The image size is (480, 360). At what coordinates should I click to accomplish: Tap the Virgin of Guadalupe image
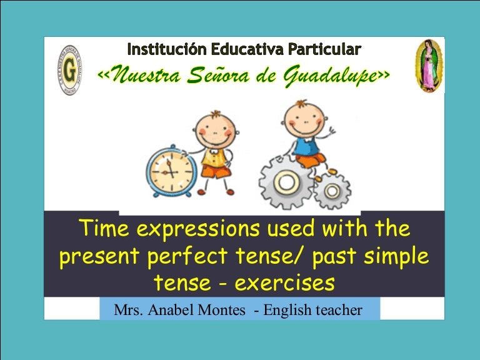429,66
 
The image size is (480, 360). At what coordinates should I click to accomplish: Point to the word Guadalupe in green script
332,76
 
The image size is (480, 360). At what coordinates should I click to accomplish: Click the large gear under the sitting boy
286,182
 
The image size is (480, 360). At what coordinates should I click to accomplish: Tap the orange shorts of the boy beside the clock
216,171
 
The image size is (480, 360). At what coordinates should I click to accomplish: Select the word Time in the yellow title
104,229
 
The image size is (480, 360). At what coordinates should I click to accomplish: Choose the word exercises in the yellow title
286,283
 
